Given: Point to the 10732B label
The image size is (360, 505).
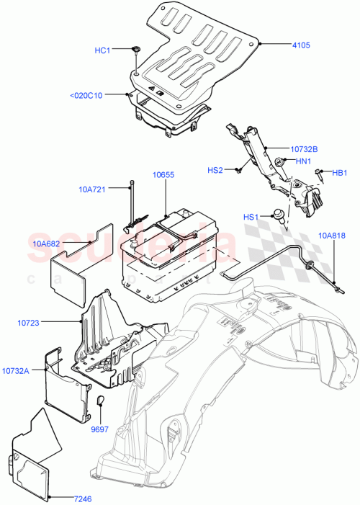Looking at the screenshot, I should [x=305, y=149].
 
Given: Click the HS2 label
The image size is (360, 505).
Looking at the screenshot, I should [x=215, y=170].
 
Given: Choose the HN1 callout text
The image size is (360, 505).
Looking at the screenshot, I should [x=303, y=162].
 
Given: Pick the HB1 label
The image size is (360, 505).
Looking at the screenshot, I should [x=340, y=172].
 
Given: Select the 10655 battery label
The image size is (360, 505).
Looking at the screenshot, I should [x=163, y=175].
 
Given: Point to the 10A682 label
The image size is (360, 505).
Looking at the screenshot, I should [x=47, y=244].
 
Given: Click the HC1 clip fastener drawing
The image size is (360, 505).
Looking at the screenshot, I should [x=136, y=50].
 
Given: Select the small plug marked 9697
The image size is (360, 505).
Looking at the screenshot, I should [x=100, y=400].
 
